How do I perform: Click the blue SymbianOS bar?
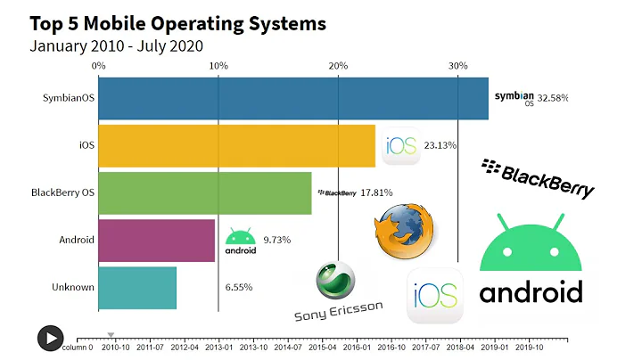coord(292,98)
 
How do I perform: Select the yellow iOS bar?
coord(236,145)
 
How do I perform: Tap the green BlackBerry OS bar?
coord(204,192)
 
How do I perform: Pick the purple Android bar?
coord(156,240)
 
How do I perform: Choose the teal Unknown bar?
coord(136,288)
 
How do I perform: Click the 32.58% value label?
coord(553,98)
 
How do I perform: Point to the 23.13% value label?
coord(440,145)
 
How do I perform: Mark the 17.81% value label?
coord(376,192)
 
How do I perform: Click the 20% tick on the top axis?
coord(338,66)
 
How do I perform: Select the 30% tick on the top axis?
coord(457,66)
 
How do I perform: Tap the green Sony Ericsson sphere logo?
coord(335,281)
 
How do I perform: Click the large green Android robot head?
coord(530,242)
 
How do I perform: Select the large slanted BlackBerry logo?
coord(538,178)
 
